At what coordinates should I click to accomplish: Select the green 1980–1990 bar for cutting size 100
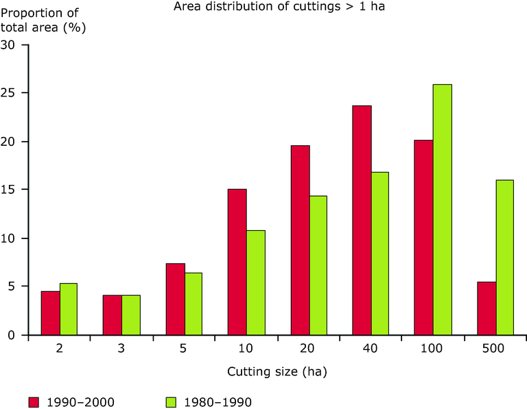pos(442,210)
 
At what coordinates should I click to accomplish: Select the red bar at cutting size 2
pos(50,313)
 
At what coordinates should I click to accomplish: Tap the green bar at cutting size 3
pos(131,315)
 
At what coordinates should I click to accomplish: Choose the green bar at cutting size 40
pos(379,253)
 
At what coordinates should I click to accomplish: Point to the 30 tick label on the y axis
pos(9,45)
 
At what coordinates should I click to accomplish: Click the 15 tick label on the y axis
pos(9,190)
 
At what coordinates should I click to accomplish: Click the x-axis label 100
pos(431,349)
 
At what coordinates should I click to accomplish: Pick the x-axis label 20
pos(309,349)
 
